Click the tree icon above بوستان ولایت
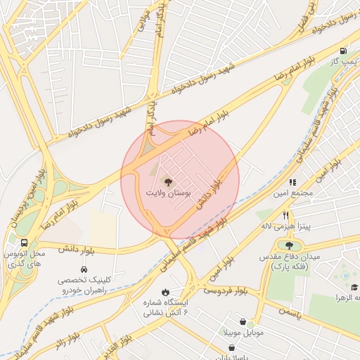(167, 181)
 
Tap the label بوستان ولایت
(167, 192)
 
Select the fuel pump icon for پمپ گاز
(342, 51)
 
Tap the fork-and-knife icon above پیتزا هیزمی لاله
(285, 215)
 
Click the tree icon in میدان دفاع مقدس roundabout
(289, 245)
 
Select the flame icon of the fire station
(165, 291)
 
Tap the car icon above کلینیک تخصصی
(84, 269)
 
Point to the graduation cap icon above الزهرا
(354, 287)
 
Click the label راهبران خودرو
(84, 290)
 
